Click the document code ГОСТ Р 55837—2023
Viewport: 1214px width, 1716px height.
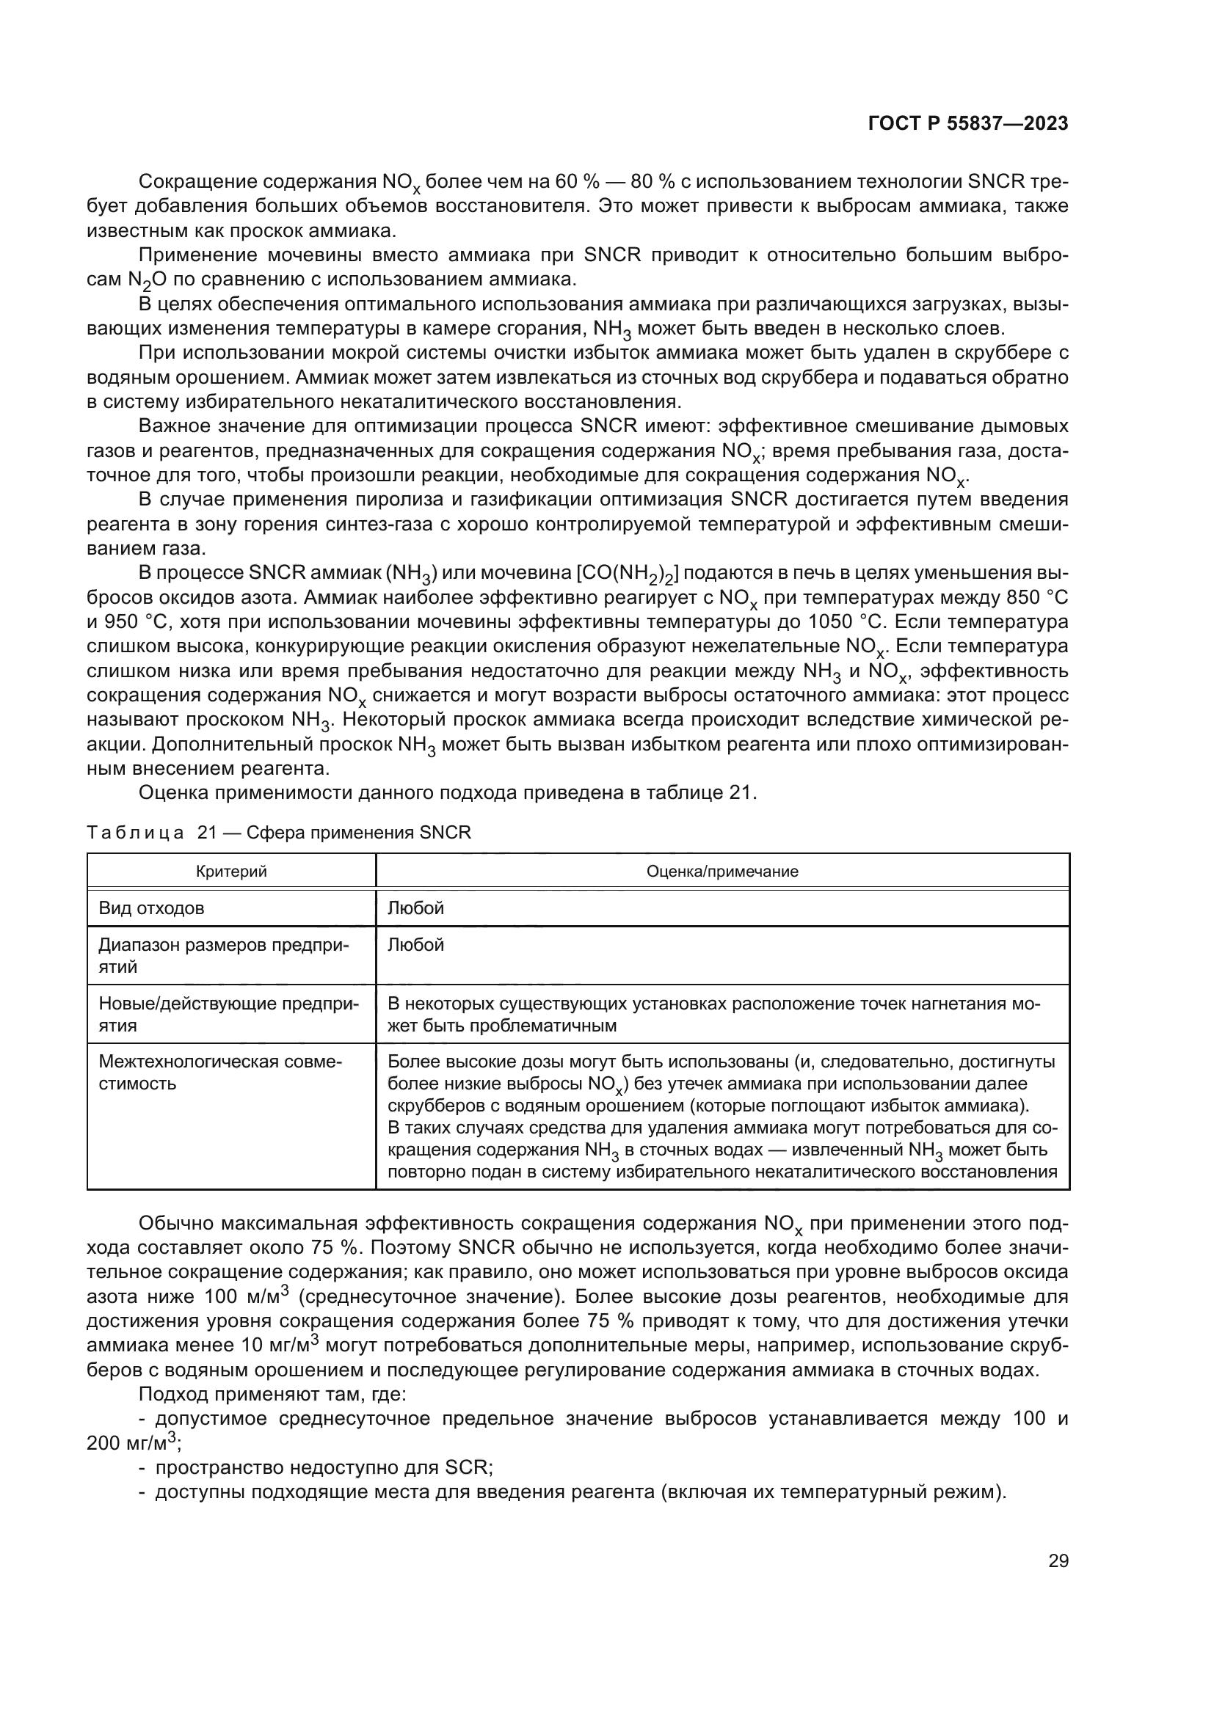[x=968, y=123]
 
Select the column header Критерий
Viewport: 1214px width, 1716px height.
[x=231, y=871]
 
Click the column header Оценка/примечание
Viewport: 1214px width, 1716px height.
[x=722, y=871]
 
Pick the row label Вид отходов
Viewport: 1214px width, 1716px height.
[x=152, y=908]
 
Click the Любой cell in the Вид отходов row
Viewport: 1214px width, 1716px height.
[x=415, y=908]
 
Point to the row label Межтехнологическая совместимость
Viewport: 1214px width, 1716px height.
[x=220, y=1073]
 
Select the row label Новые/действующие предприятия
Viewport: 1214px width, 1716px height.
[x=228, y=1014]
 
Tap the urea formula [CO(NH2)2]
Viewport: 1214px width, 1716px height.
[x=626, y=574]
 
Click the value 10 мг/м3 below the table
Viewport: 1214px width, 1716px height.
[x=281, y=1365]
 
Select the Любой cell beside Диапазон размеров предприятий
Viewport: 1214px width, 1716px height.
[x=415, y=945]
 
